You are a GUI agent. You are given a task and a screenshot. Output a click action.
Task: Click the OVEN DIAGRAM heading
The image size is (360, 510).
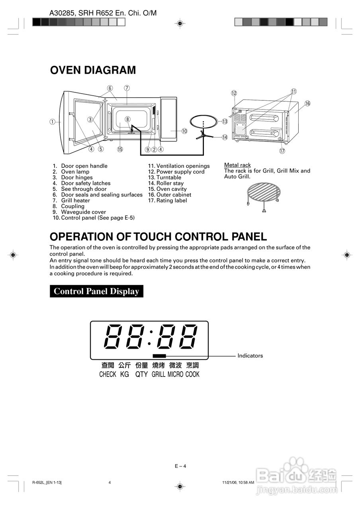pyautogui.click(x=93, y=70)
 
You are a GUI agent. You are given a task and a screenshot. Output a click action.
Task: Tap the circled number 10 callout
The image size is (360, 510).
pyautogui.click(x=184, y=131)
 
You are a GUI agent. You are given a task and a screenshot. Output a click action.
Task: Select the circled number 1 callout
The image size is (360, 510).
pyautogui.click(x=53, y=122)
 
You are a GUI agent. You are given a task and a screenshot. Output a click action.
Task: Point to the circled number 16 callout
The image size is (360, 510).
pyautogui.click(x=307, y=103)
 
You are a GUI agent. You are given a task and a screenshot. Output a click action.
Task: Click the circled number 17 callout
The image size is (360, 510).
pyautogui.click(x=282, y=151)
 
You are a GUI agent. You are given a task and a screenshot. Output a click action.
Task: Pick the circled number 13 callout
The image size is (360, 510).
pyautogui.click(x=225, y=121)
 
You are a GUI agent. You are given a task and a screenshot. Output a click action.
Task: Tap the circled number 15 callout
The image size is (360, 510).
pyautogui.click(x=120, y=149)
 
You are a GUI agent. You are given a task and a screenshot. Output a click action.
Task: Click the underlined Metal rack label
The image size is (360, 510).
pyautogui.click(x=237, y=165)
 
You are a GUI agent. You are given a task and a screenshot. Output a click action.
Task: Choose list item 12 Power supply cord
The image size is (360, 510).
pyautogui.click(x=176, y=172)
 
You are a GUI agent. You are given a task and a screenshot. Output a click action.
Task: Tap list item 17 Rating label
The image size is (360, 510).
pyautogui.click(x=167, y=200)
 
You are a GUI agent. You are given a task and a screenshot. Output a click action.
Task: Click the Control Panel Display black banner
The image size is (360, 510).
pyautogui.click(x=96, y=291)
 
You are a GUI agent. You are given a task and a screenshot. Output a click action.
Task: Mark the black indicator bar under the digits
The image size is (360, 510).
pyautogui.click(x=159, y=356)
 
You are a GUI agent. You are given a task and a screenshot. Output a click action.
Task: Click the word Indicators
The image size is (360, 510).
pyautogui.click(x=250, y=356)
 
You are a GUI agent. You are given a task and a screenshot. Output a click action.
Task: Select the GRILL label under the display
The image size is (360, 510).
pyautogui.click(x=158, y=375)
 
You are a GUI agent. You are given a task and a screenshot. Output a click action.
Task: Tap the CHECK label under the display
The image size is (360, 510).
pyautogui.click(x=108, y=375)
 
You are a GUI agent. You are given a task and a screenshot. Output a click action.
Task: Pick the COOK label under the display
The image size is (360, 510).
pyautogui.click(x=192, y=375)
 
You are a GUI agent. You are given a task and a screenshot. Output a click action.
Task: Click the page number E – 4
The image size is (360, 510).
pyautogui.click(x=180, y=466)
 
